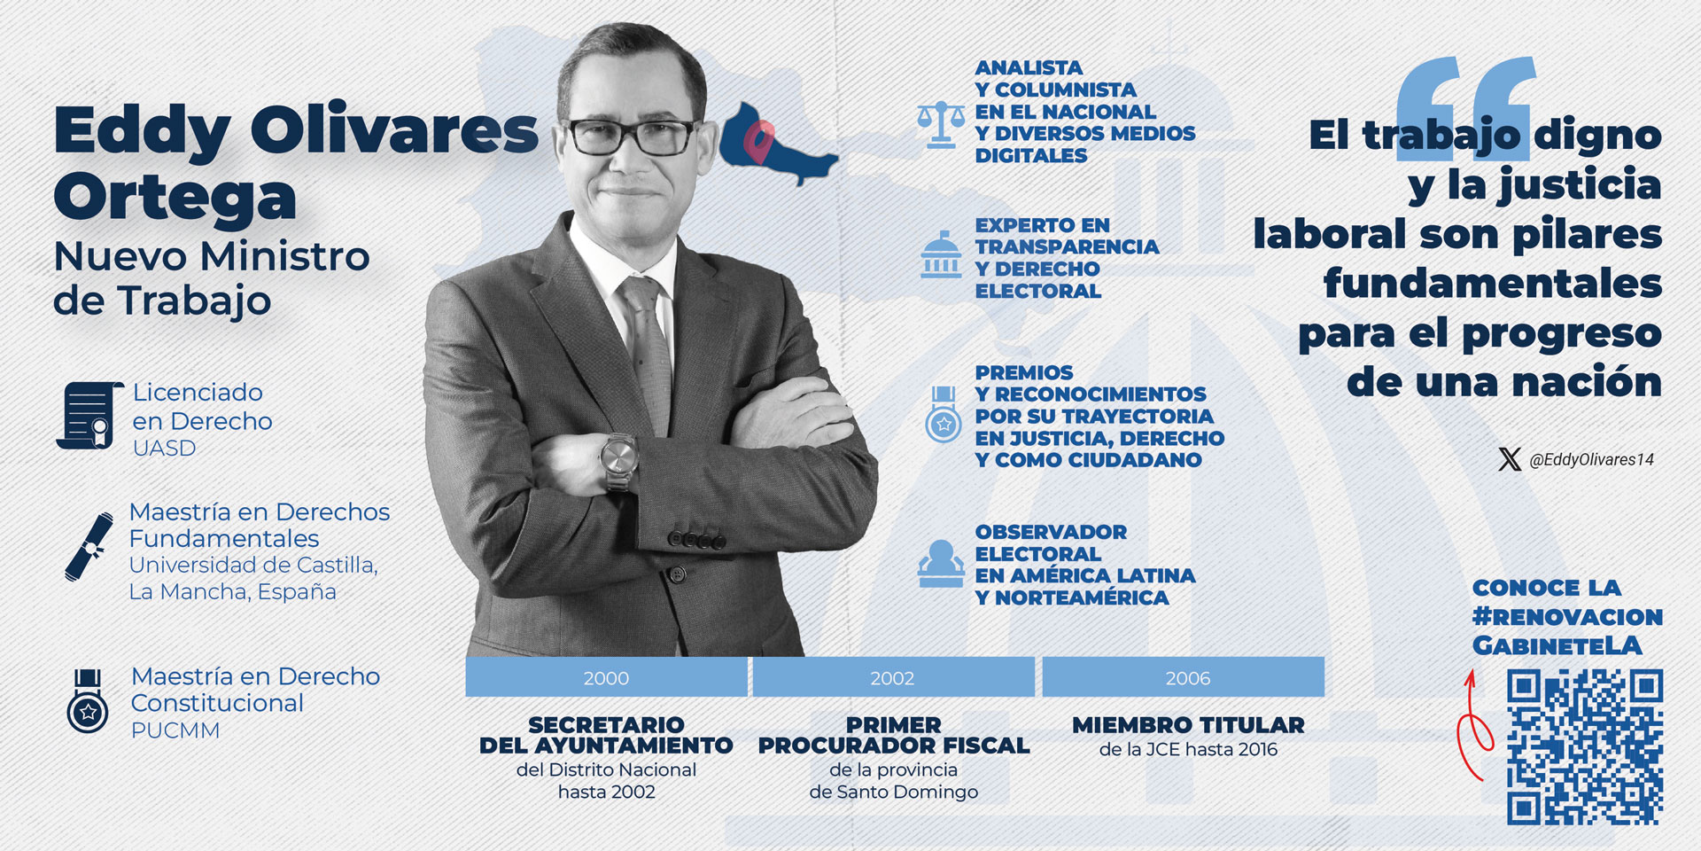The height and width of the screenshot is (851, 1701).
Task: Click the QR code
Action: (x=1584, y=747)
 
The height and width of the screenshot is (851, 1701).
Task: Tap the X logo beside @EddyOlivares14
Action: (x=1510, y=459)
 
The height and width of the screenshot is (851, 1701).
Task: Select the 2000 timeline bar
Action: (x=606, y=677)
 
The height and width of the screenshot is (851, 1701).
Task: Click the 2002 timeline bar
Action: (x=892, y=677)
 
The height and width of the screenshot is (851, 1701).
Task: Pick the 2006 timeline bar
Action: (x=1187, y=677)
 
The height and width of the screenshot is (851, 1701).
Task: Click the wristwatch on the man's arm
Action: (x=619, y=460)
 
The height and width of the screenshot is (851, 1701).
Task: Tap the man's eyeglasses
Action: (x=632, y=137)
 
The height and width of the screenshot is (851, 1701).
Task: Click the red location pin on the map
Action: (x=758, y=142)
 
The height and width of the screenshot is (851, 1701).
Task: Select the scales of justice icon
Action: (x=941, y=123)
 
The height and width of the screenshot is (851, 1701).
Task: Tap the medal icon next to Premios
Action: (x=944, y=414)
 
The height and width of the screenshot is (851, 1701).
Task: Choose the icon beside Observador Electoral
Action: (x=941, y=564)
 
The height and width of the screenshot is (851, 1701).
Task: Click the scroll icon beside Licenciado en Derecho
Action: (x=89, y=415)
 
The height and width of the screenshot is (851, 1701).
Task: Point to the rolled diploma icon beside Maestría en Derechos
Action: (x=89, y=546)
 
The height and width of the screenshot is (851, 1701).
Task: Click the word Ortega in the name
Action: (x=175, y=197)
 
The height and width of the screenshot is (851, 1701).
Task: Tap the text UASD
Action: (x=164, y=449)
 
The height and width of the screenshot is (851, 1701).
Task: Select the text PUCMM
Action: (x=175, y=730)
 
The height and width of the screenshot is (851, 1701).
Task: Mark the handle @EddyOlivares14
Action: (x=1591, y=459)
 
